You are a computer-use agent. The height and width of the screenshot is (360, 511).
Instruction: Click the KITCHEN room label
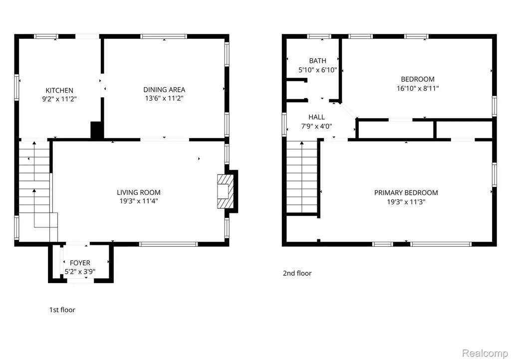(59, 90)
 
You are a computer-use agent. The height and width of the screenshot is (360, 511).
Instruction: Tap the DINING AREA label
(164, 90)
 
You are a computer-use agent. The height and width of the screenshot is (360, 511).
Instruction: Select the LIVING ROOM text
(139, 192)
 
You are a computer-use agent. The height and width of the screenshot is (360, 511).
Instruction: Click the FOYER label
(80, 263)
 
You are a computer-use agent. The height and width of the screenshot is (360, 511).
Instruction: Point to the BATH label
(318, 61)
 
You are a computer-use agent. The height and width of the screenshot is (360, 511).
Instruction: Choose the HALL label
(316, 117)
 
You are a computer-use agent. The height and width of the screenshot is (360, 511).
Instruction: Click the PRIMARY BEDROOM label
(406, 192)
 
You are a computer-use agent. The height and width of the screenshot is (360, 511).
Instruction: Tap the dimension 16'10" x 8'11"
(418, 88)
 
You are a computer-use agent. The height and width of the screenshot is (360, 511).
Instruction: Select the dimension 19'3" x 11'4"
(139, 201)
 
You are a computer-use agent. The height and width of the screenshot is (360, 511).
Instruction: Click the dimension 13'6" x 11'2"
(164, 98)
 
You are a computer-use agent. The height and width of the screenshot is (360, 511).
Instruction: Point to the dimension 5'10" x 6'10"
(318, 70)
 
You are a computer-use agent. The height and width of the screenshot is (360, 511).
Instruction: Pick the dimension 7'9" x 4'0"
(316, 126)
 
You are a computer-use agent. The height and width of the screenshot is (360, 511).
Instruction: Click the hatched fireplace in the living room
(226, 191)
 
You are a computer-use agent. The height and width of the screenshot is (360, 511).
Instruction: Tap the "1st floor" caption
(62, 310)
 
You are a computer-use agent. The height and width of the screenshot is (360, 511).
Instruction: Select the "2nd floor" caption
(297, 273)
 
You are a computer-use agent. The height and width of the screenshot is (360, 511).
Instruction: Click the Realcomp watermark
(485, 353)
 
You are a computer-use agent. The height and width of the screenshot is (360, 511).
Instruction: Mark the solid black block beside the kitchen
(97, 130)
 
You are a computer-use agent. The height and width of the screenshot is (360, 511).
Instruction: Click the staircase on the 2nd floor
(302, 177)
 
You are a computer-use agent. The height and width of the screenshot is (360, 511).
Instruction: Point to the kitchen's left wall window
(16, 88)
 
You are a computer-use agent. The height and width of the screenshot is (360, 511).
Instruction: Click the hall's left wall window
(284, 124)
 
